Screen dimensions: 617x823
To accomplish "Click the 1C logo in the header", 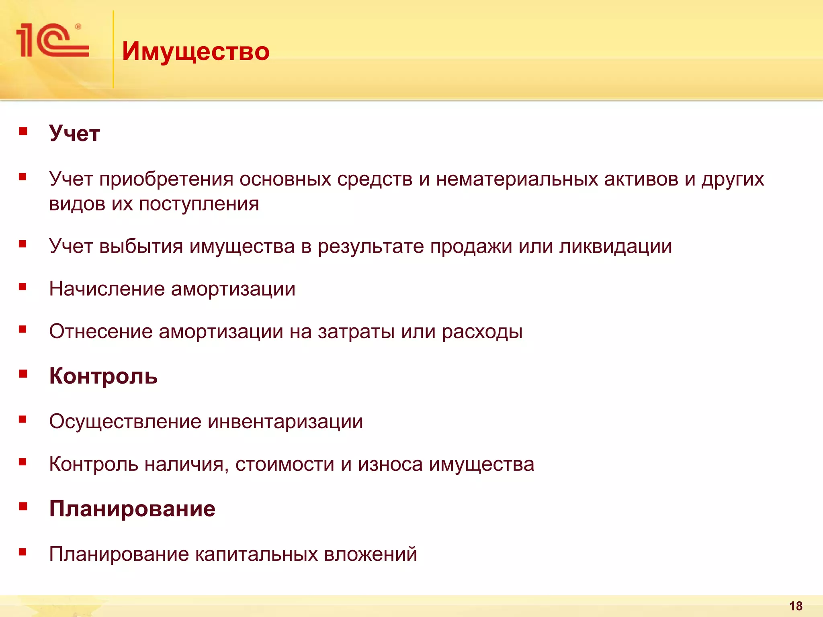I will pyautogui.click(x=52, y=41).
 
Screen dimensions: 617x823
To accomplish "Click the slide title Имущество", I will pyautogui.click(x=196, y=51).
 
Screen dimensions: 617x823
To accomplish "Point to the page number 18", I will pyautogui.click(x=796, y=606).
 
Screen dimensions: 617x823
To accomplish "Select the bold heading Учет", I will pyautogui.click(x=74, y=133).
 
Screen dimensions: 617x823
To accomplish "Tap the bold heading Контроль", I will pyautogui.click(x=103, y=376).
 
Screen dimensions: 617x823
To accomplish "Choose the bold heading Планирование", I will pyautogui.click(x=132, y=509).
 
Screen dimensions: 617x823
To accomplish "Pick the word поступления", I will pyautogui.click(x=199, y=204).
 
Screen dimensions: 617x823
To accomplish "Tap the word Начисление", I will pyautogui.click(x=107, y=289).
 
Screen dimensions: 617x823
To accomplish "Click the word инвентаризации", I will pyautogui.click(x=285, y=422).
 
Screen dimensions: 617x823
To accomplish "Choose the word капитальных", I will pyautogui.click(x=256, y=554).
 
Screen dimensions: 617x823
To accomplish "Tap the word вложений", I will pyautogui.click(x=371, y=554).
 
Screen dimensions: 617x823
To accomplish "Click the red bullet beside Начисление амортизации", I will pyautogui.click(x=23, y=287).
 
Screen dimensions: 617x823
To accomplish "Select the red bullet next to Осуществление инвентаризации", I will pyautogui.click(x=23, y=419).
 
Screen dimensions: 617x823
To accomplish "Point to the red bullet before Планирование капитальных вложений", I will pyautogui.click(x=23, y=552).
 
